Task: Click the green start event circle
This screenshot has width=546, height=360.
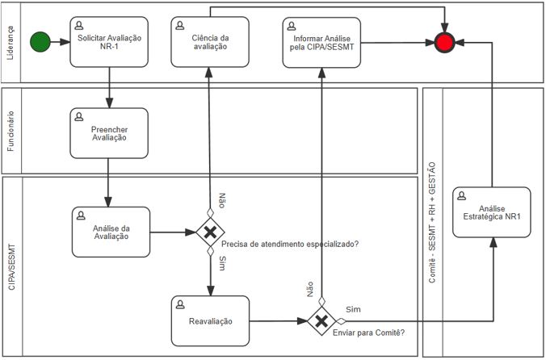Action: click(39, 41)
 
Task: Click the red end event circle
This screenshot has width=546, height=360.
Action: click(444, 41)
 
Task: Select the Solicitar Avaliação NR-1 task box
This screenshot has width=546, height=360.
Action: click(109, 41)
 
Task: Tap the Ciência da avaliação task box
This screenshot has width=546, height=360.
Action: click(210, 41)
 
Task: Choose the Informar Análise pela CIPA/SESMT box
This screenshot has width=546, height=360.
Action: click(321, 41)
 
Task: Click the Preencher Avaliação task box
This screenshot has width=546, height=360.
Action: click(109, 132)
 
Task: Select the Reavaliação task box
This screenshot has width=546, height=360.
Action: click(211, 320)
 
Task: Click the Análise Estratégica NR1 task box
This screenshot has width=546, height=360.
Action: click(492, 212)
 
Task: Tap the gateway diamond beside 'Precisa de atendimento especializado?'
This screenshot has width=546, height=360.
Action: click(210, 232)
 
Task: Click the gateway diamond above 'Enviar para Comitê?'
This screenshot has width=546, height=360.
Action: click(321, 320)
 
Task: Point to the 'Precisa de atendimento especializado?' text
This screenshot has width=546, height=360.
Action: click(290, 245)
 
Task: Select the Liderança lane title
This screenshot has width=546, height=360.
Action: click(10, 42)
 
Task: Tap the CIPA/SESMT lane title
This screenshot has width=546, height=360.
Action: click(10, 266)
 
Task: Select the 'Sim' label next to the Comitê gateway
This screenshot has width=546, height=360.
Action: click(353, 309)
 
